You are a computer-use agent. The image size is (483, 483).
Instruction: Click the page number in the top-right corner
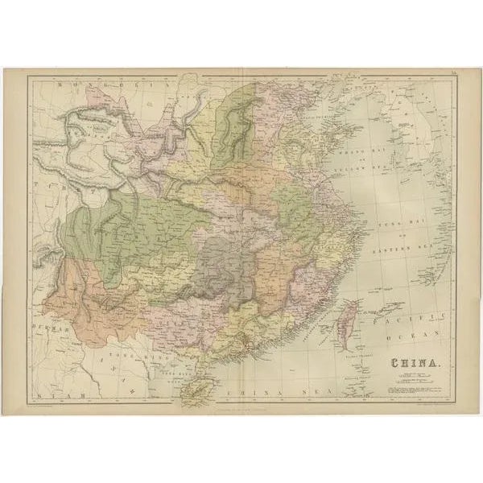454,74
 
